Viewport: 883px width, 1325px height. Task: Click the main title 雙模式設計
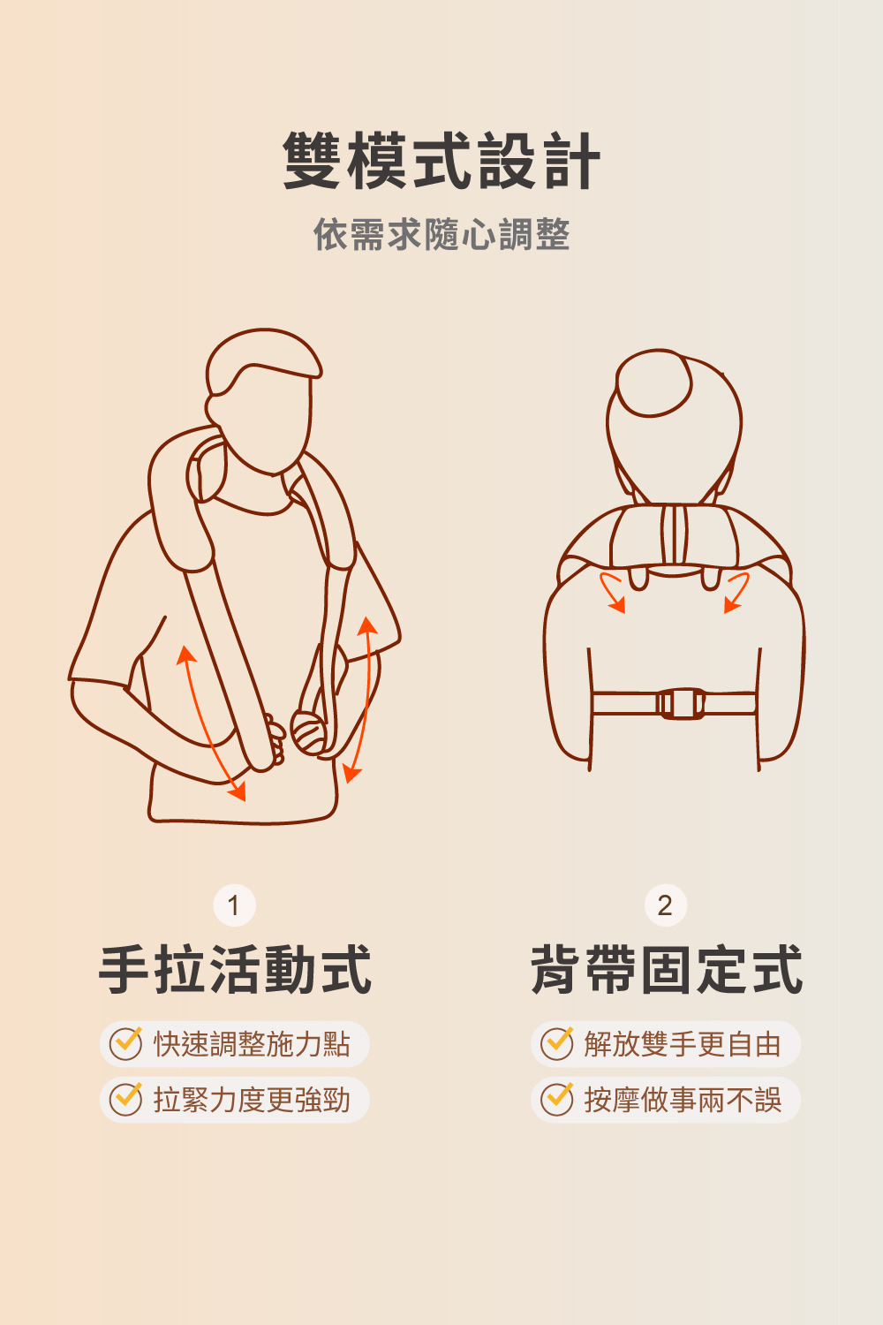[441, 161]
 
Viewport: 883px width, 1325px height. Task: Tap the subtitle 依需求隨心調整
[441, 234]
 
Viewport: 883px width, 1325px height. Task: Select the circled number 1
[234, 905]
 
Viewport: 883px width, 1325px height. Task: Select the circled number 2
[666, 905]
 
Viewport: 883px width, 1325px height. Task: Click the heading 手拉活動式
[235, 970]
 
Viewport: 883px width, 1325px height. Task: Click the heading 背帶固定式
[666, 970]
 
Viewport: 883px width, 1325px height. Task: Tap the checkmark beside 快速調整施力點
[126, 1044]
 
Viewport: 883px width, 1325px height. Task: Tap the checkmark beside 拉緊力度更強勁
[126, 1100]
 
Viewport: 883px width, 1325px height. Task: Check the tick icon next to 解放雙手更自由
[557, 1044]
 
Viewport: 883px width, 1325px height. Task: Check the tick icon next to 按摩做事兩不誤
[557, 1100]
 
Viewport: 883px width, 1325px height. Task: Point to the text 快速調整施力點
[252, 1044]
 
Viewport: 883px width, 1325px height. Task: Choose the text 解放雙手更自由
[683, 1044]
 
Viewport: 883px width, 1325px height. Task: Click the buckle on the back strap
[682, 704]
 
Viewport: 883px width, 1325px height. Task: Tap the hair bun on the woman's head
[653, 382]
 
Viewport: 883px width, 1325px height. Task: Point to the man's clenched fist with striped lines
[309, 733]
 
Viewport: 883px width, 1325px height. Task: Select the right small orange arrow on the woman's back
[736, 592]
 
